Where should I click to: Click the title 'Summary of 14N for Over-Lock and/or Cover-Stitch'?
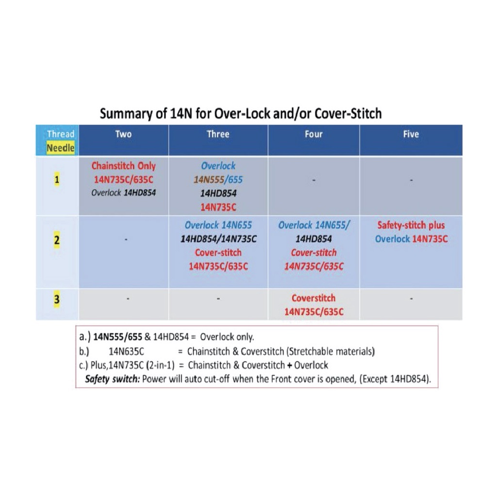coord(241,114)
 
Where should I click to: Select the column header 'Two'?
coord(123,134)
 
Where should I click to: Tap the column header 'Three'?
coord(218,134)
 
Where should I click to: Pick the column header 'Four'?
coord(314,134)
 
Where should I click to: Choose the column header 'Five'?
coord(411,134)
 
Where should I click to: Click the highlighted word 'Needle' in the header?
coord(60,148)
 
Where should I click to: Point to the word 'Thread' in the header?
coord(61,134)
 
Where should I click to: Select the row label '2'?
coord(57,240)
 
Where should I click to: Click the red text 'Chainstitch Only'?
coord(123,166)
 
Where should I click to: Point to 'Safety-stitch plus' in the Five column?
coord(411,226)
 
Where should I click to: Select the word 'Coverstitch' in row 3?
coord(314,298)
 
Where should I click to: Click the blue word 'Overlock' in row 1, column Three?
coord(218,166)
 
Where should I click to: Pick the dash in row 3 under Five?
coord(411,299)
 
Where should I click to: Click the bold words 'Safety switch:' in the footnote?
coord(113,379)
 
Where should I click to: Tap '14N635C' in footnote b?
coord(127,351)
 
